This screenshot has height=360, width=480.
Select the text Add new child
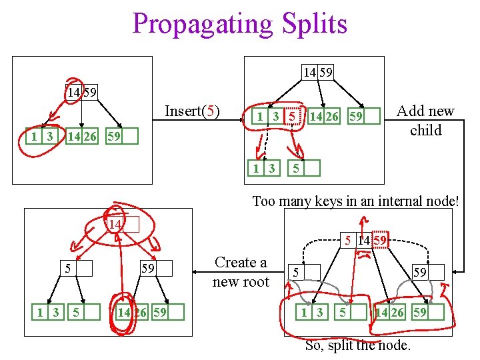tap(426, 121)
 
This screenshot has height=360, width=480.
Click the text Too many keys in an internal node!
tap(355, 201)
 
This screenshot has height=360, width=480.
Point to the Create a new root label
tap(240, 272)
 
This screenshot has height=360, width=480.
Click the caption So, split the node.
tap(357, 345)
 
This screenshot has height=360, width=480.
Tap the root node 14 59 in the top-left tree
tap(81, 92)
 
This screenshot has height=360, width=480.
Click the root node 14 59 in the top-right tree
tap(317, 71)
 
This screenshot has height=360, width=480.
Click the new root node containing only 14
tap(123, 225)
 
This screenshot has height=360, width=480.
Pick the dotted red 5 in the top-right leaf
tap(291, 117)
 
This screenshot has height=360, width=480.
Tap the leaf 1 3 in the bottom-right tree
tap(312, 313)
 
